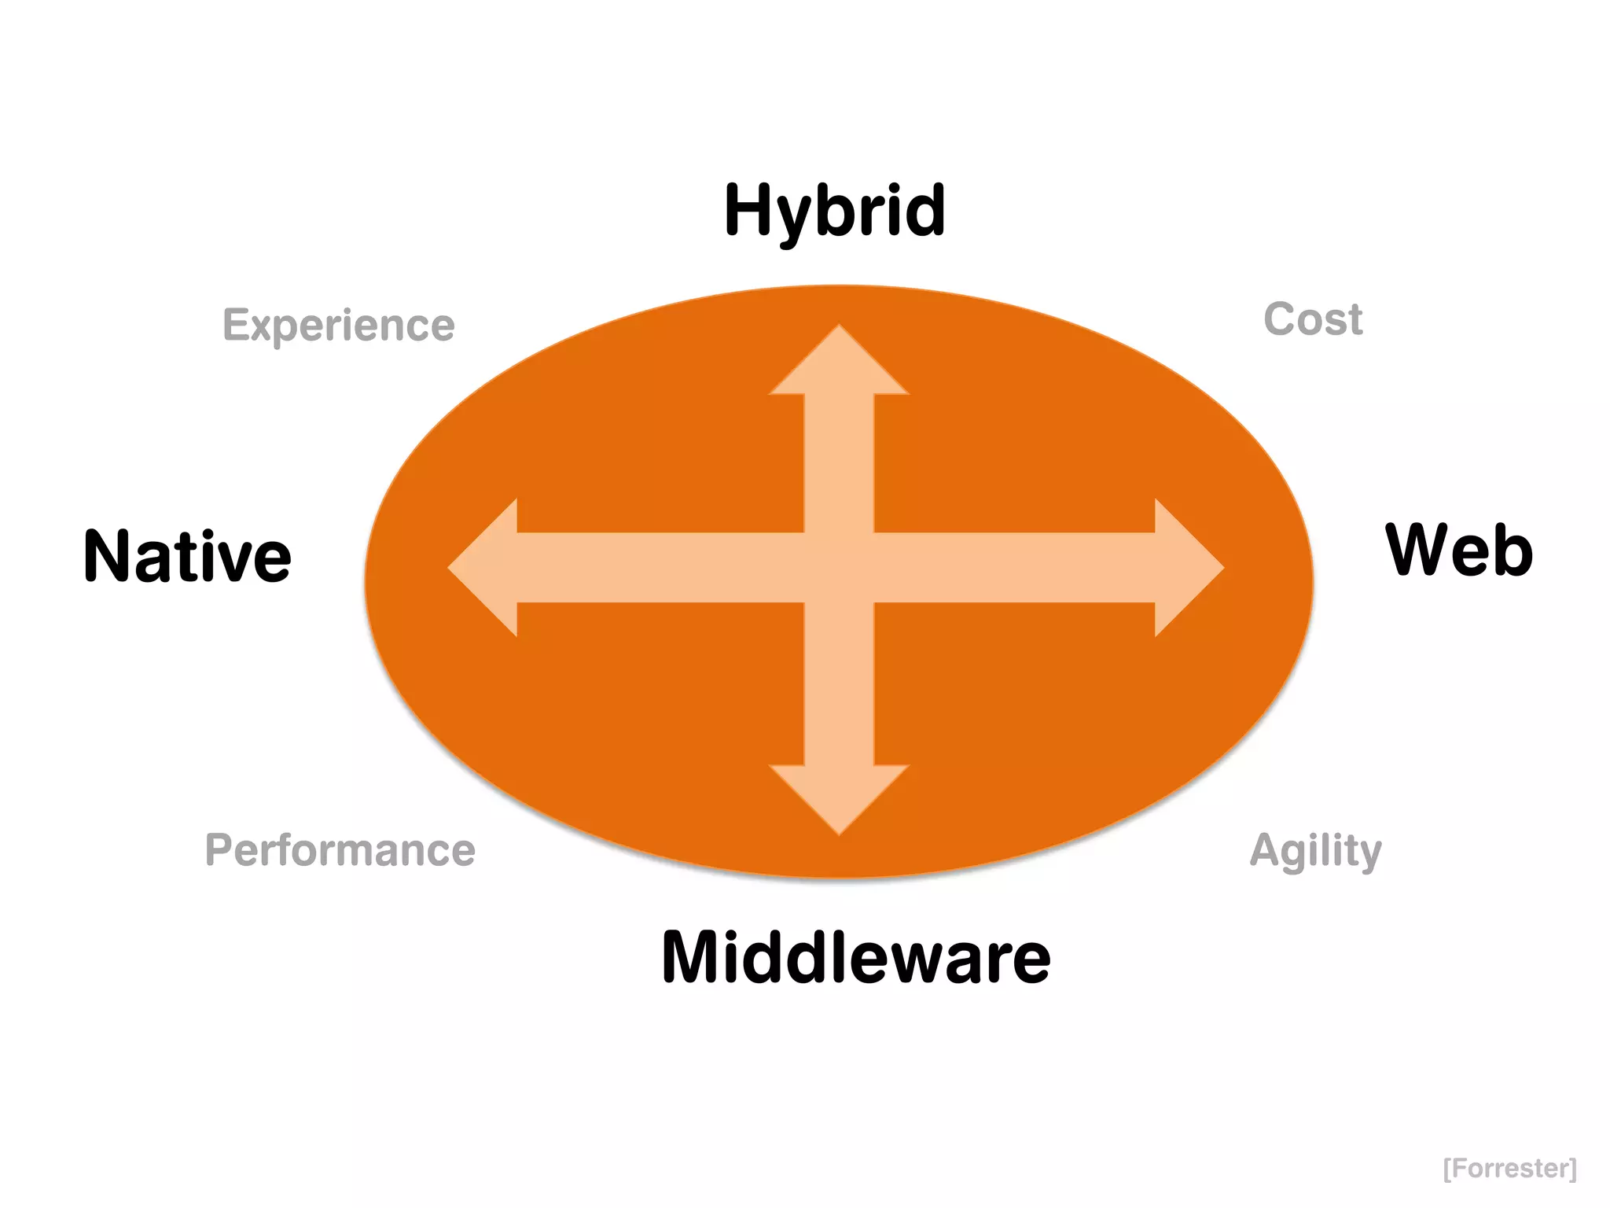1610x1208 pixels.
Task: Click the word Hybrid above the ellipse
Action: [835, 211]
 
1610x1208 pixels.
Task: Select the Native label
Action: [187, 557]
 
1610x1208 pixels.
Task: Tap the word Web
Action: [1459, 551]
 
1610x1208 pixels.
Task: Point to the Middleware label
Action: [856, 957]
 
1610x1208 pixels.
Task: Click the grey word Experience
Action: [339, 325]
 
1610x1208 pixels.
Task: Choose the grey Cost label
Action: [1313, 319]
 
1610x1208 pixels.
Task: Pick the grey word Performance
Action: [340, 850]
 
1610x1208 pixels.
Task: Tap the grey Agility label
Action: [1315, 851]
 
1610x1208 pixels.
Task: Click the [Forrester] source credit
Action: [1510, 1168]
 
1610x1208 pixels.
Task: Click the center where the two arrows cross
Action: [839, 568]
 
